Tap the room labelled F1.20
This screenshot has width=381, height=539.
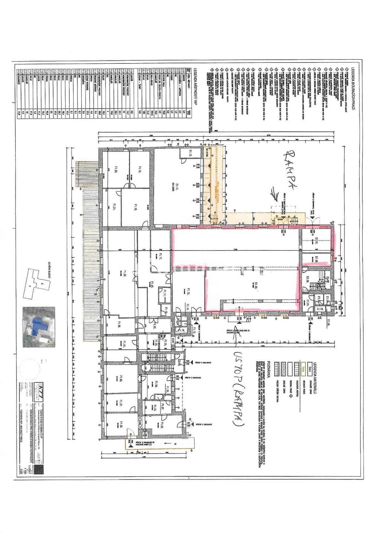coord(116,170)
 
